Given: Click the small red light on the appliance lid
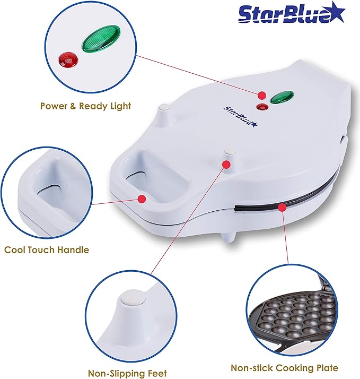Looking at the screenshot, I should coord(261,107).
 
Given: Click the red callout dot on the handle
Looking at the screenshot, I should coord(142,199).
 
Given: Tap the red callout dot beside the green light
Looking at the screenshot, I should coord(261,95).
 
